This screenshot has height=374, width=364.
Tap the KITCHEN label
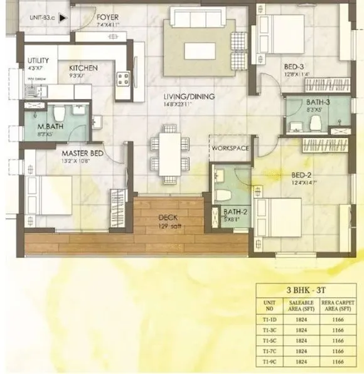point(83,68)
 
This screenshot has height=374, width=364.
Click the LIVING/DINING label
point(189,97)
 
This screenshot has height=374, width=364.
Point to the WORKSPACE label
point(230,148)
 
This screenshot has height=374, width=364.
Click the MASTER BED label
point(82,152)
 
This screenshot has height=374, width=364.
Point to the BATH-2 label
point(236,211)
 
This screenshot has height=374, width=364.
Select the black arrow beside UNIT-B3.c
point(62,19)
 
